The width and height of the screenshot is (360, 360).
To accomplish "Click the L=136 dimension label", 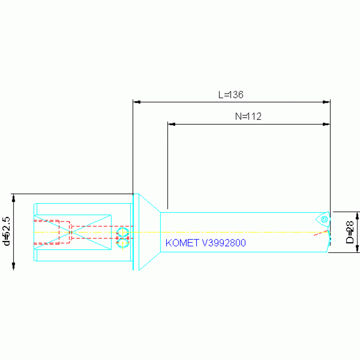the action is pos(231,95).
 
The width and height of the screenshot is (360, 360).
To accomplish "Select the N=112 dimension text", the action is pos(248,116).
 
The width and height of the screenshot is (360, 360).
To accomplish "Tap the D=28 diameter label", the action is pos(350,232).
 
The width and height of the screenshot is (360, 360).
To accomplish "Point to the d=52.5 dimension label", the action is pos(7,231).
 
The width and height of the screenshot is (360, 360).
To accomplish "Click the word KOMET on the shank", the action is pos(182,243).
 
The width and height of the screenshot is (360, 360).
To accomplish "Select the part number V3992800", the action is pos(224,243).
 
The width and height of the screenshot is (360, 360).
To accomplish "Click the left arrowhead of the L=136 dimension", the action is pos(137,102).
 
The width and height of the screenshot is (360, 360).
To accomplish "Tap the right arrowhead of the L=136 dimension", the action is pos(326,102).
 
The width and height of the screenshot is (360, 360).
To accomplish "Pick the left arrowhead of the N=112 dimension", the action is pos(172,124).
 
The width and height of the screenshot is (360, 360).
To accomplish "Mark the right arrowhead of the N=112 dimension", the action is pos(326,124).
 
